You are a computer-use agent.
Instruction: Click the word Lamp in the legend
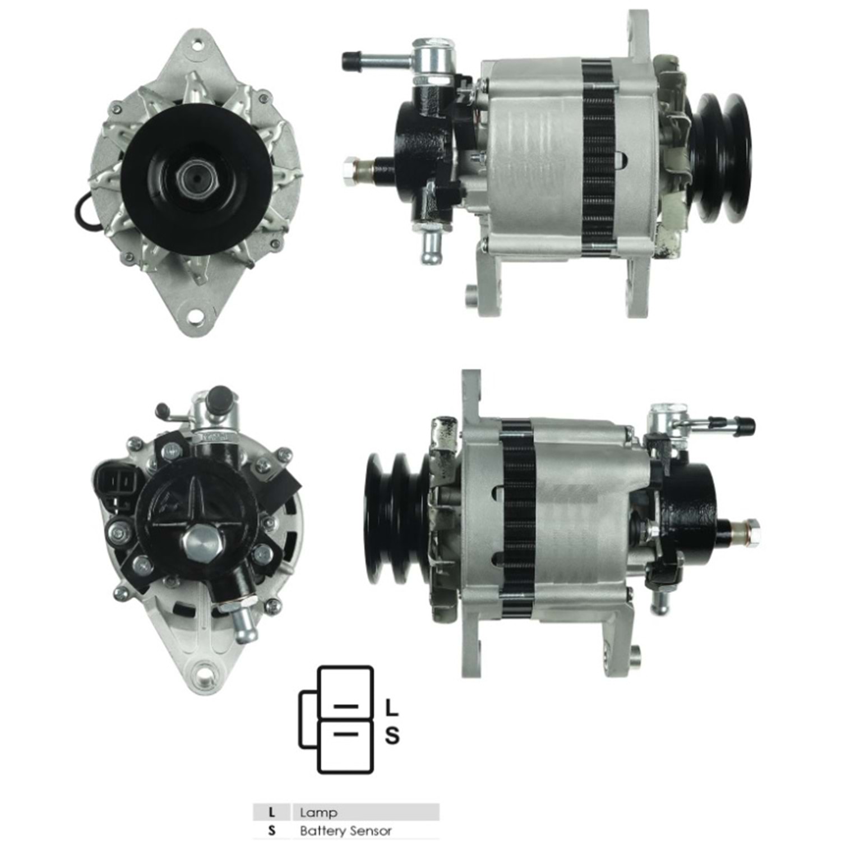tap(318, 812)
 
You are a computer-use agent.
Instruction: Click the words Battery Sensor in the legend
tap(345, 831)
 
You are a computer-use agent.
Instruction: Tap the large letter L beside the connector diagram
tap(392, 708)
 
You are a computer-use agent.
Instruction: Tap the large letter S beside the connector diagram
tap(392, 735)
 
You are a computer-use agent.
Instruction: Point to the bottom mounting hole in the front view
tap(195, 315)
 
